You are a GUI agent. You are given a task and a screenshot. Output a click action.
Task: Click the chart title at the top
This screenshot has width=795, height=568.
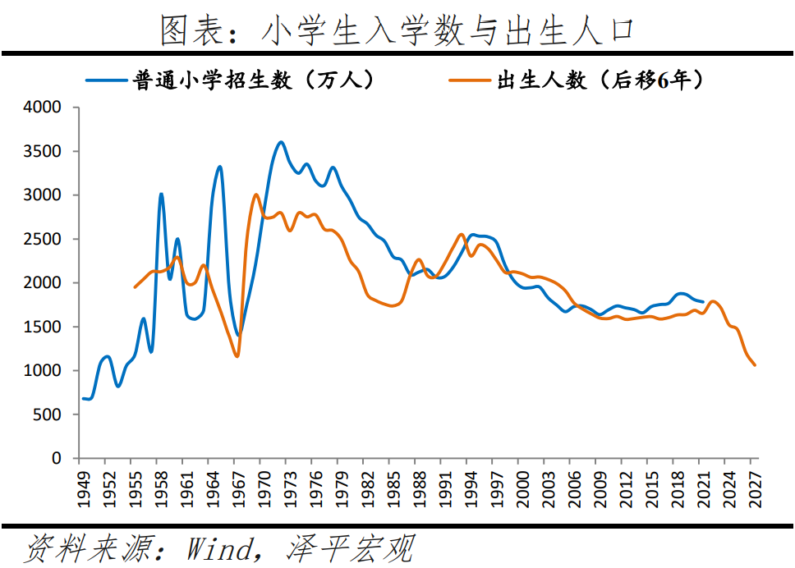(397, 30)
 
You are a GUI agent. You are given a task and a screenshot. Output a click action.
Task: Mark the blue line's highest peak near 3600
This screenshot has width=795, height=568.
(281, 142)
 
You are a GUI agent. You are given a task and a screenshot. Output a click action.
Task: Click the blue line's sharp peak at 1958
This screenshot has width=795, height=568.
(161, 195)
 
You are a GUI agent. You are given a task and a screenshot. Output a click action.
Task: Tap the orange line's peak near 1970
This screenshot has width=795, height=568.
(256, 195)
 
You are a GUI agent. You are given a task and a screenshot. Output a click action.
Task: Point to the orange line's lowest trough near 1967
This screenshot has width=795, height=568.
(237, 356)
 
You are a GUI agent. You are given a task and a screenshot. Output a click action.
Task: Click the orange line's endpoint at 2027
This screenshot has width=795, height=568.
(754, 365)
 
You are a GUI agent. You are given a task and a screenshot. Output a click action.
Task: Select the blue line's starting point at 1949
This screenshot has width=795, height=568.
(84, 398)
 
